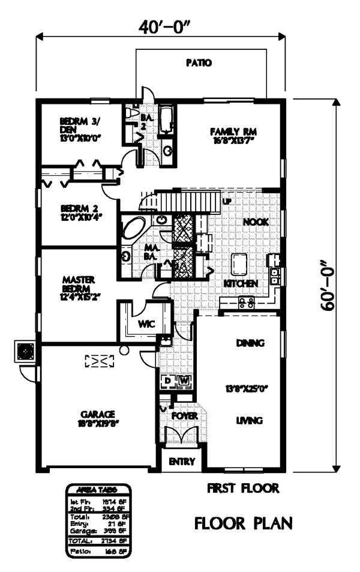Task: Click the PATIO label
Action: pos(198,62)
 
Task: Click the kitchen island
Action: pos(238,262)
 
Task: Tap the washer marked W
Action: pos(183,380)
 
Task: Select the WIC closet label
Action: pos(147,324)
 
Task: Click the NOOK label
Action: pos(255,221)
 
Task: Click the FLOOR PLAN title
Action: pos(244,524)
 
